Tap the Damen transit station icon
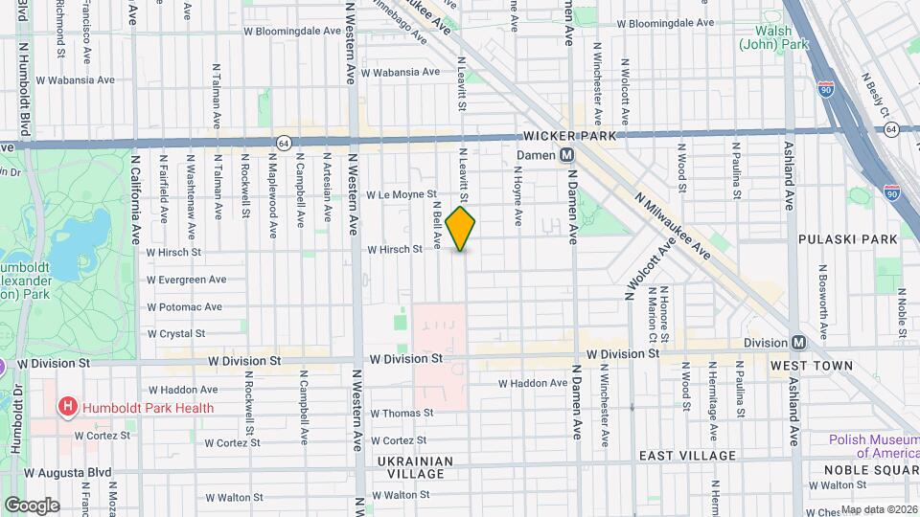(567, 154)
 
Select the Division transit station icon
(797, 343)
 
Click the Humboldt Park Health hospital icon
(68, 408)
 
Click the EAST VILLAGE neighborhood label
(688, 456)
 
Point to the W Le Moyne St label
(401, 194)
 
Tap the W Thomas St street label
(402, 414)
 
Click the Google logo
(32, 505)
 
